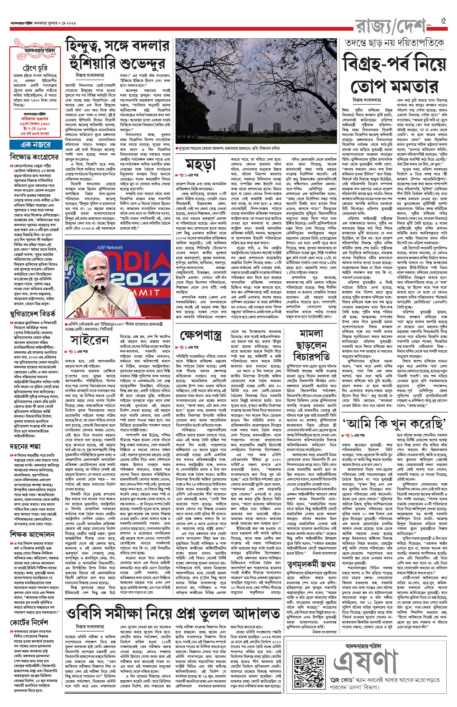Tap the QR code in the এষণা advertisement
(309, 671)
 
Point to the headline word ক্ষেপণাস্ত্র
(201, 336)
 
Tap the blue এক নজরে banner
(35, 145)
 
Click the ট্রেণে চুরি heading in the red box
(35, 69)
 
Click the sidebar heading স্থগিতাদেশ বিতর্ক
(33, 314)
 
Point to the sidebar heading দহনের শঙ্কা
(25, 446)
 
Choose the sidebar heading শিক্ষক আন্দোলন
(32, 535)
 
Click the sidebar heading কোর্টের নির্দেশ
(29, 622)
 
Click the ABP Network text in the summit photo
(110, 247)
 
